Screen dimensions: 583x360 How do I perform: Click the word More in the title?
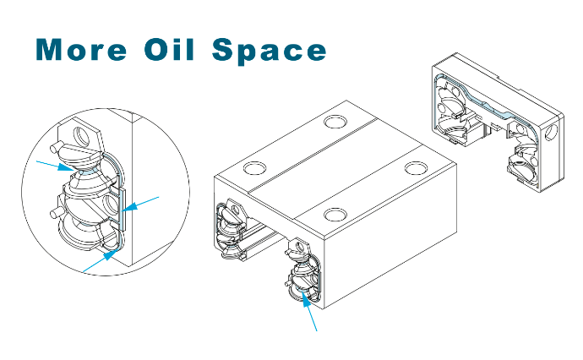point(81,49)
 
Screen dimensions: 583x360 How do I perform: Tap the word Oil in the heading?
point(170,49)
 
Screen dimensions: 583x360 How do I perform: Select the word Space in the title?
point(270,51)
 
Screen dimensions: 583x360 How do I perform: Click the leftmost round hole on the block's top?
point(255,167)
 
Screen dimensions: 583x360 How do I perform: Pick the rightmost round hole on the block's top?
point(417,168)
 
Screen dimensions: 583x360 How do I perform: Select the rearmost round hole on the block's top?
point(335,122)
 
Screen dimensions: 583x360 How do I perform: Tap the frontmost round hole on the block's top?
point(335,215)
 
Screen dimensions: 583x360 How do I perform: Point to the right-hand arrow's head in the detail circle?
point(129,206)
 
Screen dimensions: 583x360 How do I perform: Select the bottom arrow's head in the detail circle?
point(111,254)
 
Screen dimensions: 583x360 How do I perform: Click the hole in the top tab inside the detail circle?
point(81,136)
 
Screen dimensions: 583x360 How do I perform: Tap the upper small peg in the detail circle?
point(55,148)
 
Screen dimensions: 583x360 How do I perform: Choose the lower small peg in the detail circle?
point(55,214)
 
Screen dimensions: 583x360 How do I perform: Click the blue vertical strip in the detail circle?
point(123,208)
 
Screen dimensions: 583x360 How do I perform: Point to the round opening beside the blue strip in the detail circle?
point(111,205)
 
